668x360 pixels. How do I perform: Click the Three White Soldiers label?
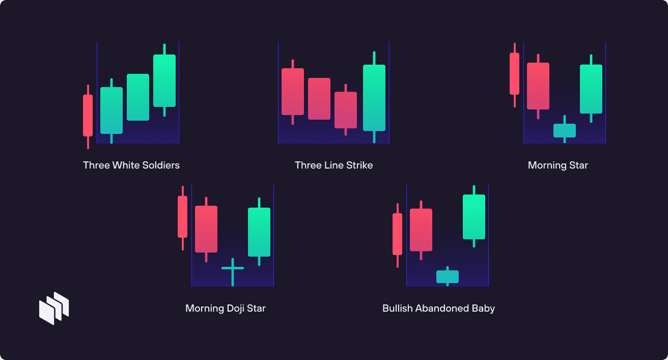[131, 165]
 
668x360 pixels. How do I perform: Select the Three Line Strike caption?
[333, 165]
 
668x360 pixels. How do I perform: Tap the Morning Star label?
[558, 165]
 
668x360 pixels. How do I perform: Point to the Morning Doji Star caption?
[226, 309]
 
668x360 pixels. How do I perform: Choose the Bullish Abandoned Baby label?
[438, 309]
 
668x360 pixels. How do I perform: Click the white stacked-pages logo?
[54, 308]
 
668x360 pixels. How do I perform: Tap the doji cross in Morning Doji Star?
[233, 268]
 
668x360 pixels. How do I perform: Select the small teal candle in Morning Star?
[565, 130]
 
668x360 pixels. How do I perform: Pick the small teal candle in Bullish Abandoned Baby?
[448, 276]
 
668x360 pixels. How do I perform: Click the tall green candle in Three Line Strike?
[374, 97]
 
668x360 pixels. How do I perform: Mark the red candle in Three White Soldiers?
[88, 115]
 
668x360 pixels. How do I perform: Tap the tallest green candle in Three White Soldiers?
[164, 80]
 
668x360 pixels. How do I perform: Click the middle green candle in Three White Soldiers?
[138, 97]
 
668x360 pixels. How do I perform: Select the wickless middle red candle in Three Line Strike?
[319, 99]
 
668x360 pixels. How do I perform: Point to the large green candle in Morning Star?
[591, 89]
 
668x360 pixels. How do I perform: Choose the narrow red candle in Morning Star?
[515, 74]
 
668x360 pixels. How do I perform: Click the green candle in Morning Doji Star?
[259, 232]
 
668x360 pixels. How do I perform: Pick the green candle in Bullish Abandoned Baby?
[474, 216]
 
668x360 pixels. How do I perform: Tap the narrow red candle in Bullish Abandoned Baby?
[398, 234]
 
